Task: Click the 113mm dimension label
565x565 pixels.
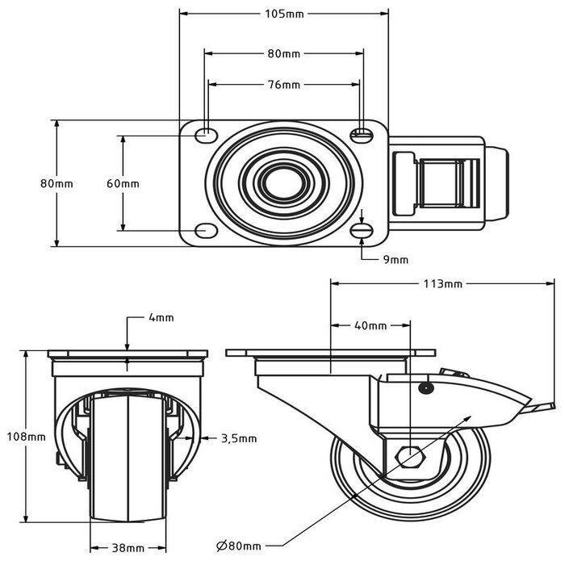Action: tap(443, 283)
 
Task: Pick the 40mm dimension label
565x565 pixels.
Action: tap(371, 325)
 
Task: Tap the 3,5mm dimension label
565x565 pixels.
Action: tap(239, 438)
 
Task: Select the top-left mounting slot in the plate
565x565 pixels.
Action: tap(207, 133)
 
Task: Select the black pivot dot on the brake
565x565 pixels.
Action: tap(425, 388)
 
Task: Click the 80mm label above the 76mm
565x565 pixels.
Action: tap(284, 53)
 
